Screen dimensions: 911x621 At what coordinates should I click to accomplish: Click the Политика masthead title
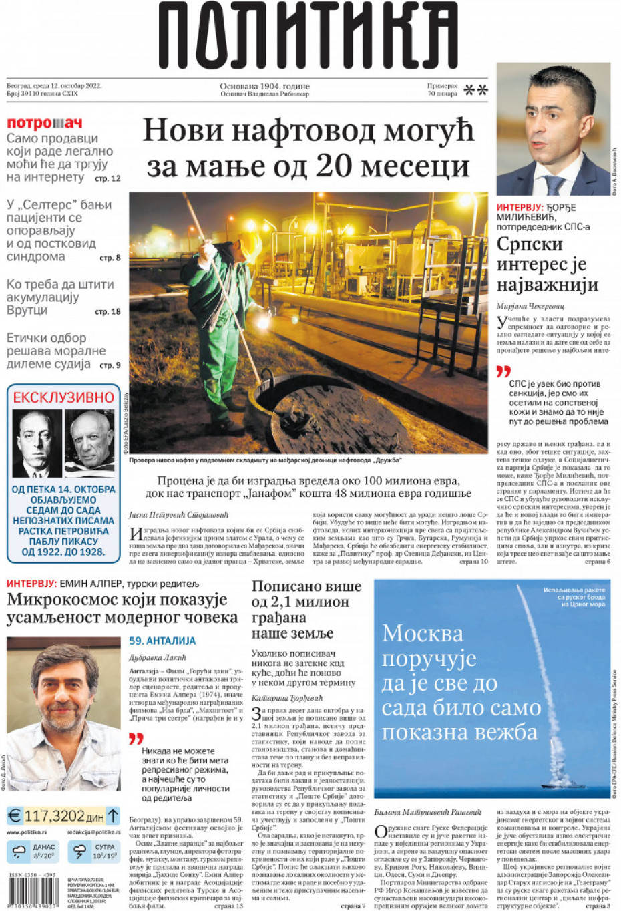point(308,35)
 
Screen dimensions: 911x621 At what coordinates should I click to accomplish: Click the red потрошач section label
point(45,123)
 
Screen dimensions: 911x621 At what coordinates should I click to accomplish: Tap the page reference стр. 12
point(108,178)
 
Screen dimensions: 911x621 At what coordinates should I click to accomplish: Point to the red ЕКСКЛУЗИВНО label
point(63,397)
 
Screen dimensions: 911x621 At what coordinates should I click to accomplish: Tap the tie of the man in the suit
point(554,184)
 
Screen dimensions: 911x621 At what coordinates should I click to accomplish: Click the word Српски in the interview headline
point(530,244)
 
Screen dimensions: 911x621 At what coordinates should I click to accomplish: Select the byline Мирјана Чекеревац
point(530,306)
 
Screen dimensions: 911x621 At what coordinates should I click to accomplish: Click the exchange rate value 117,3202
point(55,815)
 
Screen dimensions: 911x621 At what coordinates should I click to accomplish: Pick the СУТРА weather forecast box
point(95,852)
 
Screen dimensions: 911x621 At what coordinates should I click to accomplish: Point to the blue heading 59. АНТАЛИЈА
point(162,641)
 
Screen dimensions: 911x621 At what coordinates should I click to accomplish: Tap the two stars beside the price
point(475,90)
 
